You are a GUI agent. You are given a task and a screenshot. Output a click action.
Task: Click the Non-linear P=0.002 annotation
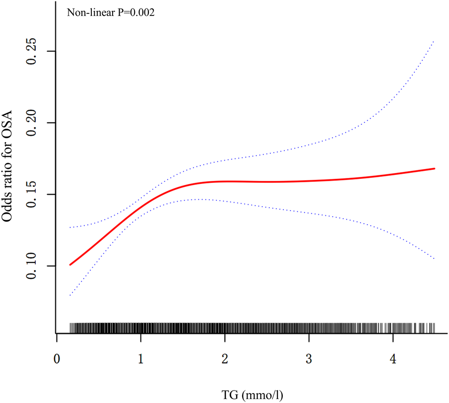pos(111,13)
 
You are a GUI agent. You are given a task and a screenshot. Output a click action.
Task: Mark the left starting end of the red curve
pos(70,265)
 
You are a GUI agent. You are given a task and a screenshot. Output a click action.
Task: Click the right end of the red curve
pos(435,168)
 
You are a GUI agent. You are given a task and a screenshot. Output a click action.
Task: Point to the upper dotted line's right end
pos(434,41)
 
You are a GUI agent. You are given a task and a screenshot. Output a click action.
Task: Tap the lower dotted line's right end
pos(434,259)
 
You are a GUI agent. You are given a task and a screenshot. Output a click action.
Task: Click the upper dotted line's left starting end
pos(70,228)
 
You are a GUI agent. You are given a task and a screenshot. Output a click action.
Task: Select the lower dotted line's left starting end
pos(70,295)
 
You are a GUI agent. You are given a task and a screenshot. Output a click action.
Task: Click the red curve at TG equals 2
pos(225,181)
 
